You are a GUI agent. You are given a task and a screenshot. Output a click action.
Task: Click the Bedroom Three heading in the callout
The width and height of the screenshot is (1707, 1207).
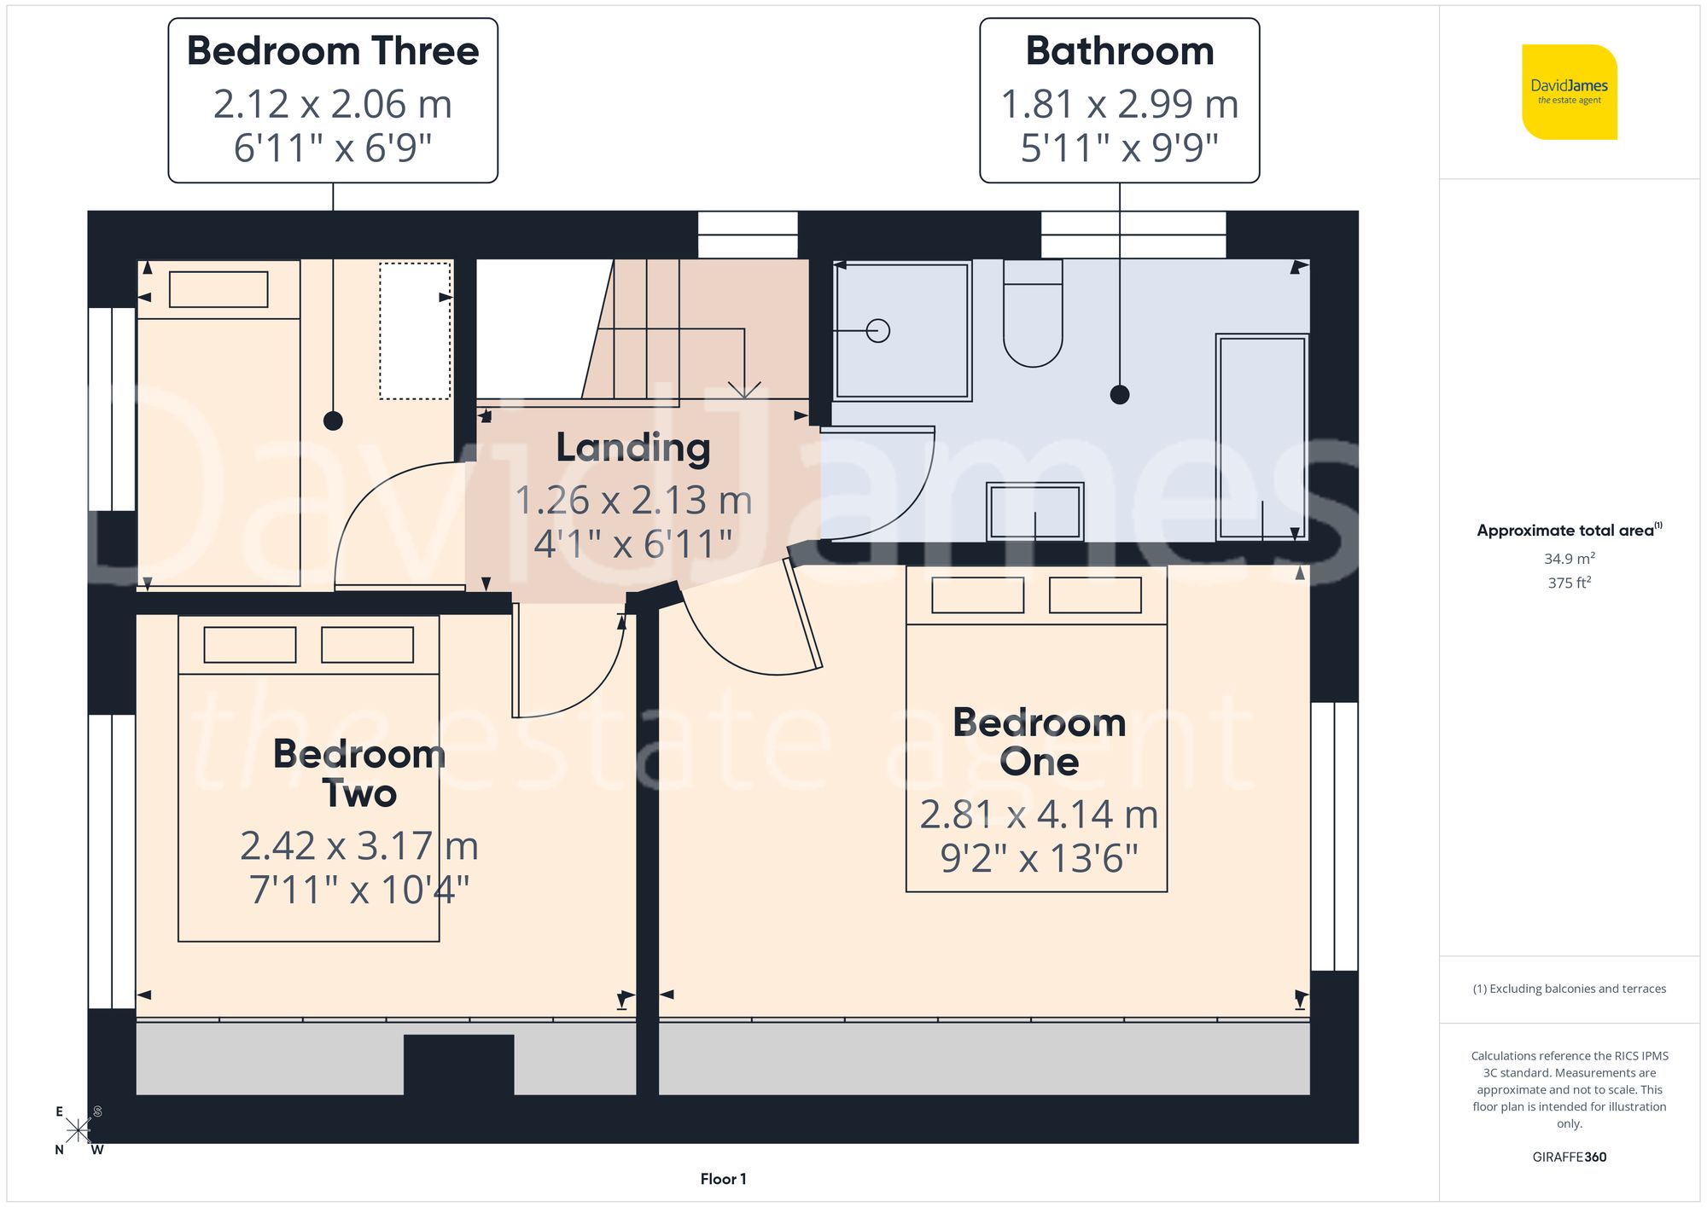point(333,51)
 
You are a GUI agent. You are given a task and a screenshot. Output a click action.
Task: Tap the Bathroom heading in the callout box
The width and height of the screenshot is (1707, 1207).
point(1119,51)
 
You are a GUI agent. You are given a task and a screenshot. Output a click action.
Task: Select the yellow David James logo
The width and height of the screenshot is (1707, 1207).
point(1569,92)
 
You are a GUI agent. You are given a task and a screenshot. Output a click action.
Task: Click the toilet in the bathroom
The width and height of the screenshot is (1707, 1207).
point(1033,316)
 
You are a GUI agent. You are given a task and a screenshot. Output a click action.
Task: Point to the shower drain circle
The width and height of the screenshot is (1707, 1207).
point(877,330)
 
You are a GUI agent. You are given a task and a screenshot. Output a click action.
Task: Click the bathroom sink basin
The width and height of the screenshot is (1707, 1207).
point(1034,512)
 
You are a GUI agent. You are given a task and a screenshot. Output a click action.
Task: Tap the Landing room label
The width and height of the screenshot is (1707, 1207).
point(632,447)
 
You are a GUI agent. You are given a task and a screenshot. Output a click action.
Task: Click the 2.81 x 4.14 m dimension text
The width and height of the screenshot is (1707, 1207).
point(1038,815)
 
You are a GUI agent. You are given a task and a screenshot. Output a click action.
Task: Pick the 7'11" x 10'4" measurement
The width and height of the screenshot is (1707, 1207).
point(358,890)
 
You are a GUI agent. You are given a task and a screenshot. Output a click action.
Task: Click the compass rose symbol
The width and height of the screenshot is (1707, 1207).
point(78,1131)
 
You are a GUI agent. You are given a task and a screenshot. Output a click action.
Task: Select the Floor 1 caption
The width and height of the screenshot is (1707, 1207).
point(723,1179)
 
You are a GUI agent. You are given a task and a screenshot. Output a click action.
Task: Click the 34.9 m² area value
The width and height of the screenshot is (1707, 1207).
point(1569,559)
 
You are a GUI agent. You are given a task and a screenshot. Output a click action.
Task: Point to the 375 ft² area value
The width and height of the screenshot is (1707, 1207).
point(1569,583)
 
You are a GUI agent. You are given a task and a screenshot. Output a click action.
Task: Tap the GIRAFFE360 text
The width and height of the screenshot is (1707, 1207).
point(1569,1157)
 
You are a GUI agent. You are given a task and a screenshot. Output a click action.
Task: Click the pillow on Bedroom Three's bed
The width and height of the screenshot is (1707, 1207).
point(218,289)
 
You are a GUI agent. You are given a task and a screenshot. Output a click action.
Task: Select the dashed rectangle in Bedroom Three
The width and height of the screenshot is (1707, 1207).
point(415,330)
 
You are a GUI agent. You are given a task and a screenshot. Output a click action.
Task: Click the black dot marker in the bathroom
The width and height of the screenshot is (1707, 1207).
point(1119,394)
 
